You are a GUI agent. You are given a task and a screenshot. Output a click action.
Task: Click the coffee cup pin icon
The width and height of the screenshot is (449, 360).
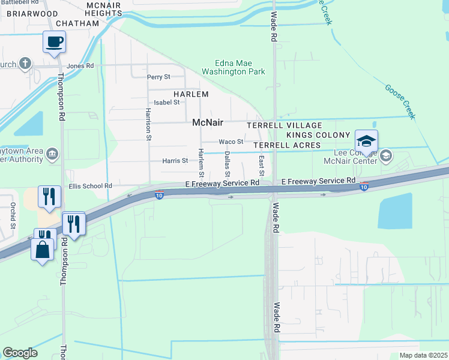tap(54, 43)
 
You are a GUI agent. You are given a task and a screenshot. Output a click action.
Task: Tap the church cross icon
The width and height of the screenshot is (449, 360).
tap(25, 63)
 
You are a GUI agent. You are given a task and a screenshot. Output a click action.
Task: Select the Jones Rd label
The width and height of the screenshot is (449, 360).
tap(81, 66)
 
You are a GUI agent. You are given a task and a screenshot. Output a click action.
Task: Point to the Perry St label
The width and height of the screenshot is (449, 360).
tap(159, 77)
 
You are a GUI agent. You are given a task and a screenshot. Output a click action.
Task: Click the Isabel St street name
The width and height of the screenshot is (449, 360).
tap(167, 103)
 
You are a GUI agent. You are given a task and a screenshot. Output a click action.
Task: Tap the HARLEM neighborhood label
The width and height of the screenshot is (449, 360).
tap(191, 94)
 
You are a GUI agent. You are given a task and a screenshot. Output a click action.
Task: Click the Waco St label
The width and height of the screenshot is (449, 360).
tap(231, 142)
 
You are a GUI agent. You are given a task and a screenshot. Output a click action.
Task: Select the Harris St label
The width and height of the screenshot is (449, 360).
tap(175, 161)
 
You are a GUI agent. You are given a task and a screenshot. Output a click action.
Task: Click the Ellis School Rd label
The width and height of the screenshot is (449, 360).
tap(91, 187)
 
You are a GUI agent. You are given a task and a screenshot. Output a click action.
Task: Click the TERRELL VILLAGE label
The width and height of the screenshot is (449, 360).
tap(285, 125)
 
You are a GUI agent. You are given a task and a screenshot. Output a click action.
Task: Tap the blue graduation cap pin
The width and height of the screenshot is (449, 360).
tap(366, 142)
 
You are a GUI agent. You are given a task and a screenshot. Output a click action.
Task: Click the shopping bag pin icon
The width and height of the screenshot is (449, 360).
tap(43, 250)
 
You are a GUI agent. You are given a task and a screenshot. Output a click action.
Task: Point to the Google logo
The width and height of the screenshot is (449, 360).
tap(20, 353)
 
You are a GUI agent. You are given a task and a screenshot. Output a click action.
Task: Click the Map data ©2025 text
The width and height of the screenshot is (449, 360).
tap(423, 355)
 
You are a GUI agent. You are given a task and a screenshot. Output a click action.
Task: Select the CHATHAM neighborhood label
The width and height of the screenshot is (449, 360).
tap(77, 23)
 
